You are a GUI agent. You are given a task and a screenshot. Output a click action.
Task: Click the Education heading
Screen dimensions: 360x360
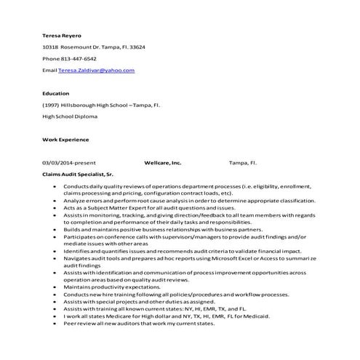coord(56,93)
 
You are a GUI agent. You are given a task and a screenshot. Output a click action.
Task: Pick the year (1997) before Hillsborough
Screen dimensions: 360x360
coord(52,105)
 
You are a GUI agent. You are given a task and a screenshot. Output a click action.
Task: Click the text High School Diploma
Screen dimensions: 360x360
coord(70,116)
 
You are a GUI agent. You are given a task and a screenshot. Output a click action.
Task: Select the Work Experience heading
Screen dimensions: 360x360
coord(65,140)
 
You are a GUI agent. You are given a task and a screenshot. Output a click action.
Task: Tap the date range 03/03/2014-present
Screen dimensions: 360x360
coord(69,163)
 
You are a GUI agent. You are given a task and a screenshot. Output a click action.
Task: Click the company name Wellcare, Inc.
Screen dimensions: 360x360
coord(163,163)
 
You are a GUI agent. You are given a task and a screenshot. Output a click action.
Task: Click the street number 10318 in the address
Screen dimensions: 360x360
coord(51,47)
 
